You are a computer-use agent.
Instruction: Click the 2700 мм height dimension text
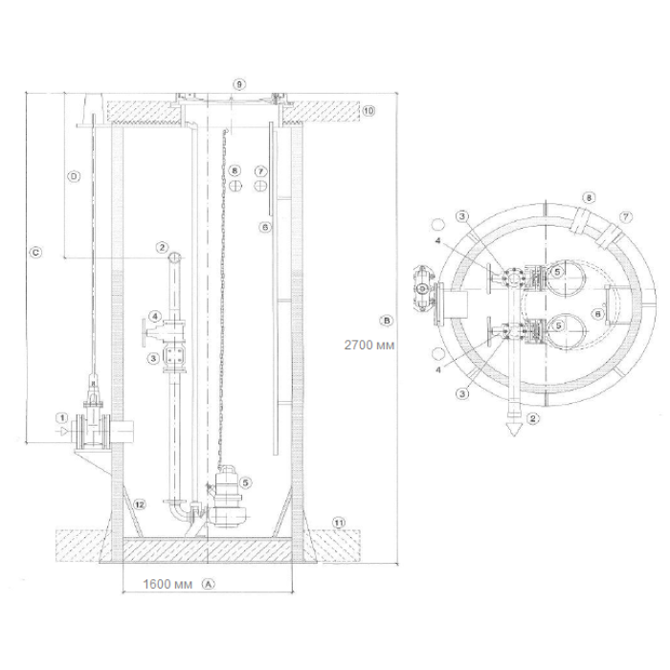pyautogui.click(x=369, y=345)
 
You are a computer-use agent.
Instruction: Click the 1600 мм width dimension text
pyautogui.click(x=167, y=584)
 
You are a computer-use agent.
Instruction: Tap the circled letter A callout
pyautogui.click(x=209, y=584)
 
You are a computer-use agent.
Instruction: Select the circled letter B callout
pyautogui.click(x=387, y=321)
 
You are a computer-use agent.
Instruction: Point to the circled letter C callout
pyautogui.click(x=35, y=253)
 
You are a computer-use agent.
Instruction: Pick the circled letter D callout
pyautogui.click(x=75, y=176)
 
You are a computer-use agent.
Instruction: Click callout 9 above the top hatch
pyautogui.click(x=239, y=84)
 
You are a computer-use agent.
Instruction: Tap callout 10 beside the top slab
pyautogui.click(x=368, y=111)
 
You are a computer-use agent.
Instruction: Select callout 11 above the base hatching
pyautogui.click(x=339, y=523)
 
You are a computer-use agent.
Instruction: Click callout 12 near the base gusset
pyautogui.click(x=140, y=504)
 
